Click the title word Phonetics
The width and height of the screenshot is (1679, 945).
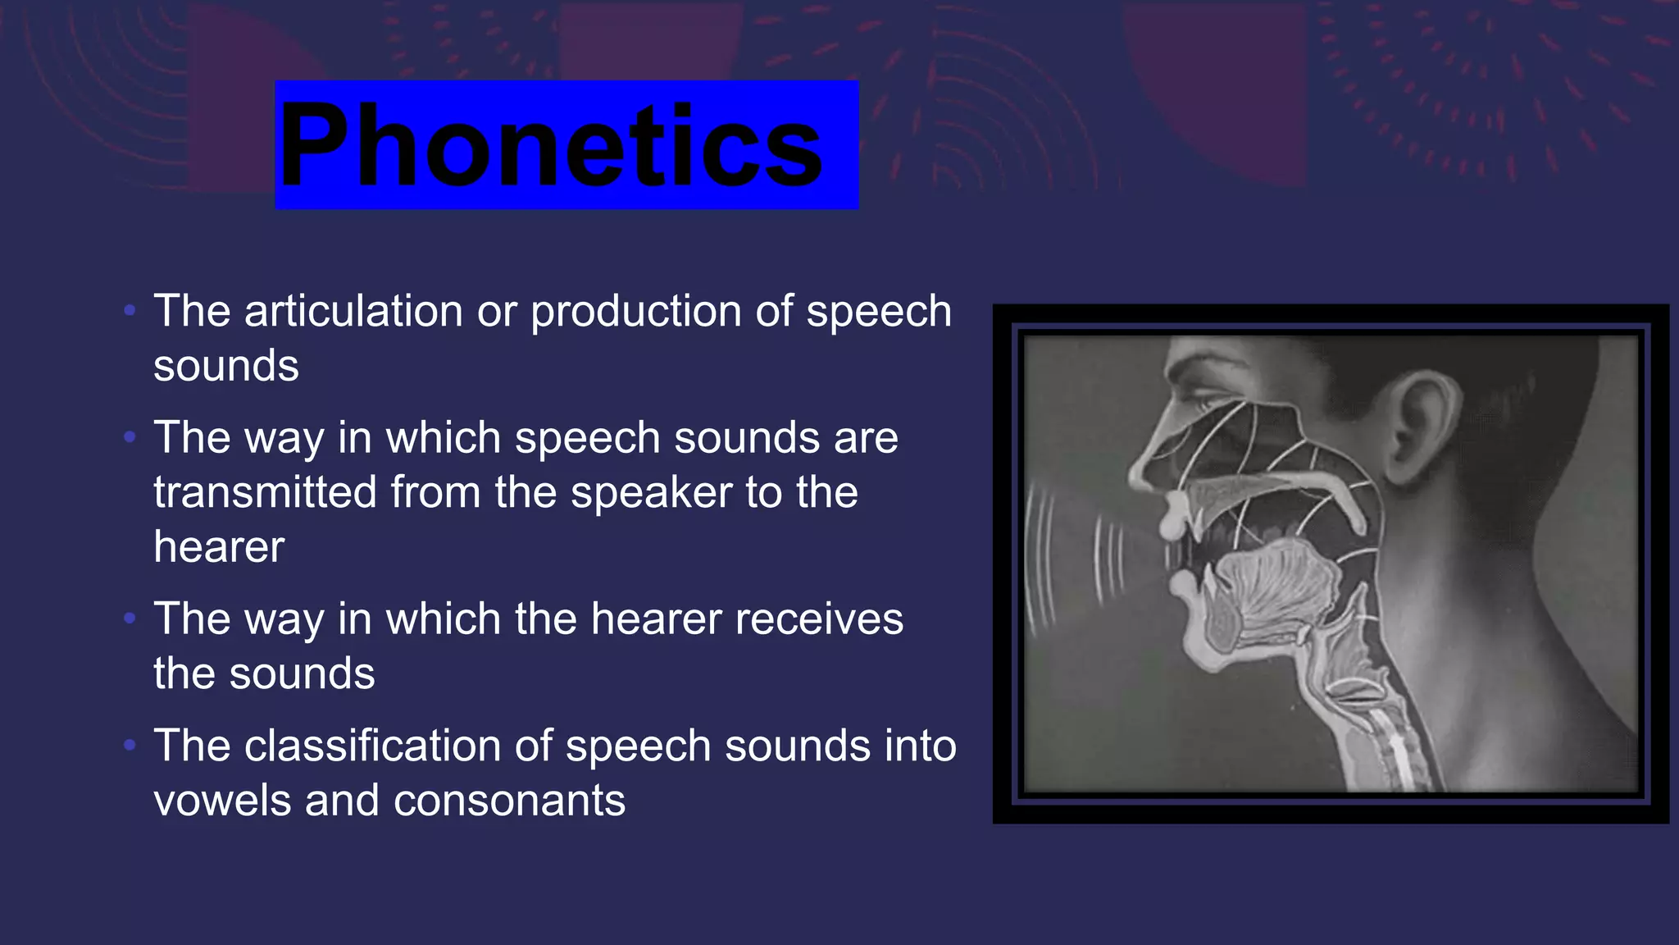[551, 146]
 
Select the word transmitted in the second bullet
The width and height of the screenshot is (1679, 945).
[264, 492]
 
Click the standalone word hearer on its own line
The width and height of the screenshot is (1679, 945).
[219, 547]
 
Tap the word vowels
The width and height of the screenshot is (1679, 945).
[221, 801]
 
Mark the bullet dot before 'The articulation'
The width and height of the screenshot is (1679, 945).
[129, 311]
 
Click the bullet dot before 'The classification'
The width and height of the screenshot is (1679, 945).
[129, 745]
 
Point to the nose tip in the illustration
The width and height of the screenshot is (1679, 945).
[1136, 480]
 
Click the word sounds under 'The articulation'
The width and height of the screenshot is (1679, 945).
[226, 366]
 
